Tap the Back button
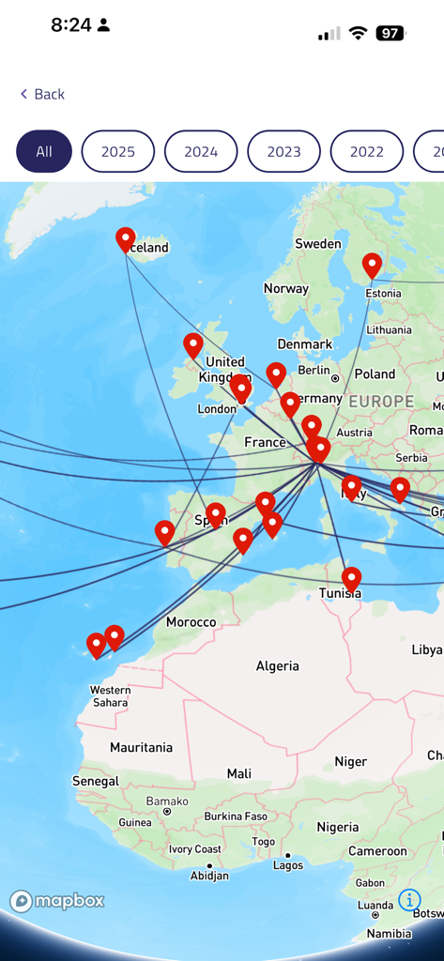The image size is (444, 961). [x=42, y=94]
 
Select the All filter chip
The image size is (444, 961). [x=44, y=151]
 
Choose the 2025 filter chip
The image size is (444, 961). [x=118, y=151]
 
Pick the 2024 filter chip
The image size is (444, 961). [x=201, y=151]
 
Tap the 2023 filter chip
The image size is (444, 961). [x=283, y=151]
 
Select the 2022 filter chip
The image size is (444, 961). [x=367, y=151]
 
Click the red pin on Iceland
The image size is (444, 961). [x=125, y=239]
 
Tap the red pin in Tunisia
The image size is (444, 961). [x=351, y=578]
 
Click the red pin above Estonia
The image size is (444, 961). [x=373, y=265]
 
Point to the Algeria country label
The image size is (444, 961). [x=278, y=665]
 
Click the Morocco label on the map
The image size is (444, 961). [x=191, y=621]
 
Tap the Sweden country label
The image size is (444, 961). [x=318, y=244]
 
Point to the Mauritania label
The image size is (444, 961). [x=141, y=747]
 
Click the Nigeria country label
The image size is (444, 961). [x=338, y=827]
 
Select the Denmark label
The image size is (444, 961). [x=305, y=344]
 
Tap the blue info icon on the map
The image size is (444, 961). [x=409, y=900]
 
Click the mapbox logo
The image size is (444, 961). [x=57, y=901]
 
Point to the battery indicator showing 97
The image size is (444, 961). [x=390, y=34]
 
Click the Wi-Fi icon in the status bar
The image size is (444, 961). [x=358, y=34]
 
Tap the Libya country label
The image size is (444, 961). [x=427, y=649]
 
